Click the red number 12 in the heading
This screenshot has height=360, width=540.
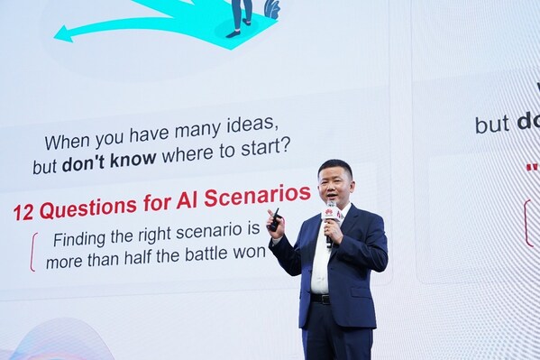coord(23,213)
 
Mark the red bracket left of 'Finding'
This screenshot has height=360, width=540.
coord(33,252)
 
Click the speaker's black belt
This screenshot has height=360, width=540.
coord(320,298)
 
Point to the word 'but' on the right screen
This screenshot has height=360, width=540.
coord(492,125)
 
